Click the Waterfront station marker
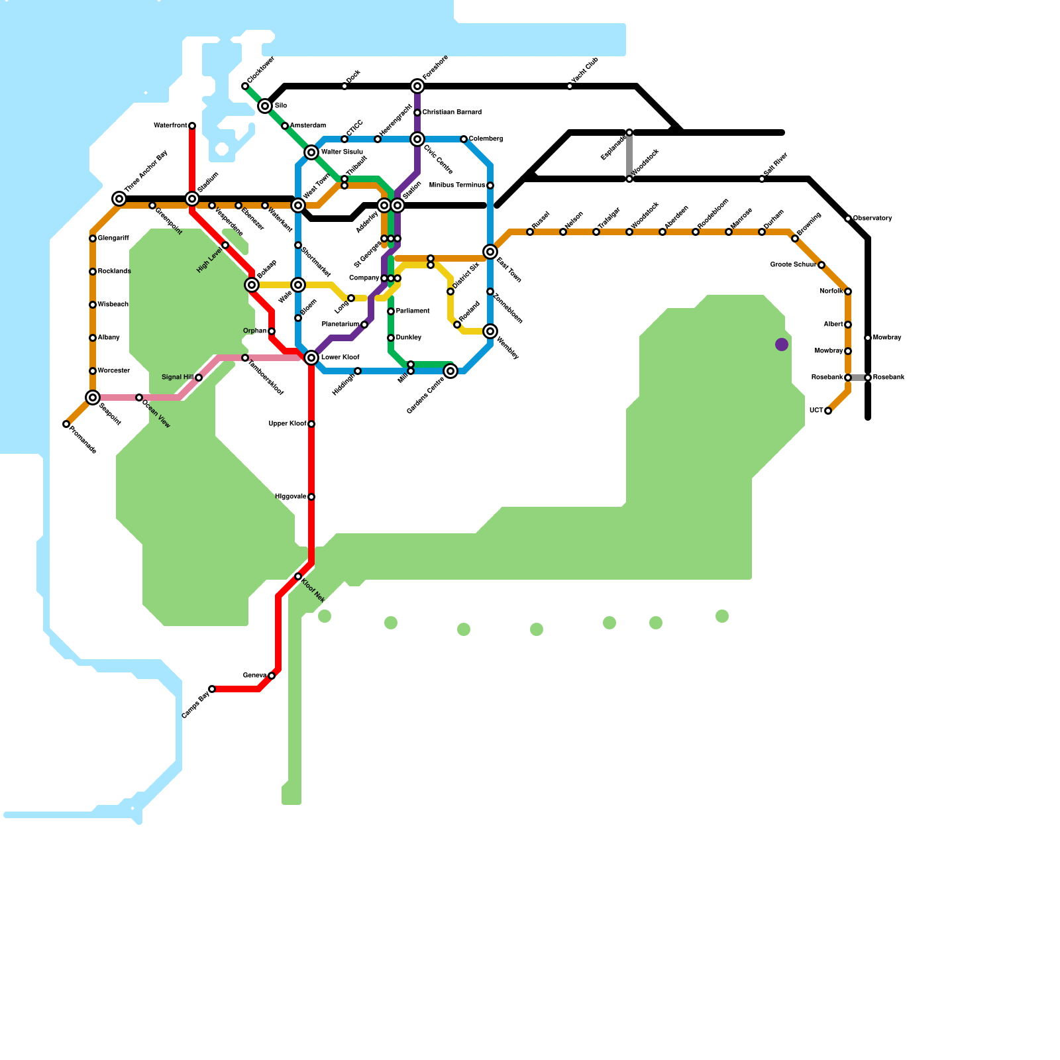click(192, 126)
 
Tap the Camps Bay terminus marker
click(212, 689)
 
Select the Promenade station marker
click(66, 424)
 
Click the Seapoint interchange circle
click(93, 397)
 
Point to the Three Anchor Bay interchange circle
click(119, 199)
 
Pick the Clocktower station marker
click(245, 86)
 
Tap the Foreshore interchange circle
click(417, 86)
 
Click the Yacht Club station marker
click(570, 86)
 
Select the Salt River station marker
click(762, 179)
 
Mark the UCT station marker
click(828, 411)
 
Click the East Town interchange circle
click(490, 252)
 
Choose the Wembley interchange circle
click(490, 331)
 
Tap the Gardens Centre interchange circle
click(450, 371)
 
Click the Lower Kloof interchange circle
click(311, 358)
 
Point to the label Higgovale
click(290, 497)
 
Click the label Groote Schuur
click(792, 265)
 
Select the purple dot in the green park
click(782, 344)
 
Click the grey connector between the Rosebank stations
click(858, 378)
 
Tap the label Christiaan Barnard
click(452, 113)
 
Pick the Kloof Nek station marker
click(298, 577)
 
